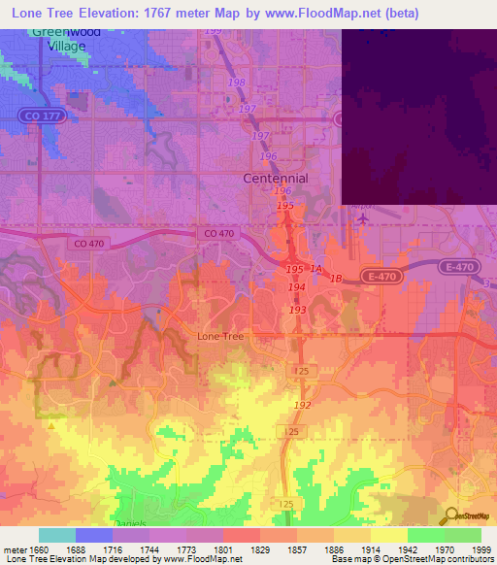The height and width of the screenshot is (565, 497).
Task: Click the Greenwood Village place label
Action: pyautogui.click(x=65, y=37)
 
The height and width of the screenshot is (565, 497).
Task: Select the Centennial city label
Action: pyautogui.click(x=275, y=179)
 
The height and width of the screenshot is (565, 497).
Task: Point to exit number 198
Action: pyautogui.click(x=236, y=83)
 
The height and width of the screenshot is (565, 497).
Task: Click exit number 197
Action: pyautogui.click(x=248, y=108)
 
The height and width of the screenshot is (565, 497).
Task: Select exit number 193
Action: pyautogui.click(x=297, y=309)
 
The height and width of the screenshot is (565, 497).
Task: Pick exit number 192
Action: pyautogui.click(x=302, y=405)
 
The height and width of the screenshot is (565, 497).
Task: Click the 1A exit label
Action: pyautogui.click(x=316, y=270)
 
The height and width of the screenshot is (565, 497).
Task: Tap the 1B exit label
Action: pyautogui.click(x=336, y=280)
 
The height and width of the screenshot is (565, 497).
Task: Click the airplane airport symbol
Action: pyautogui.click(x=362, y=219)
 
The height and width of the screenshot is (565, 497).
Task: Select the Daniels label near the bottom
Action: pyautogui.click(x=130, y=522)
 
